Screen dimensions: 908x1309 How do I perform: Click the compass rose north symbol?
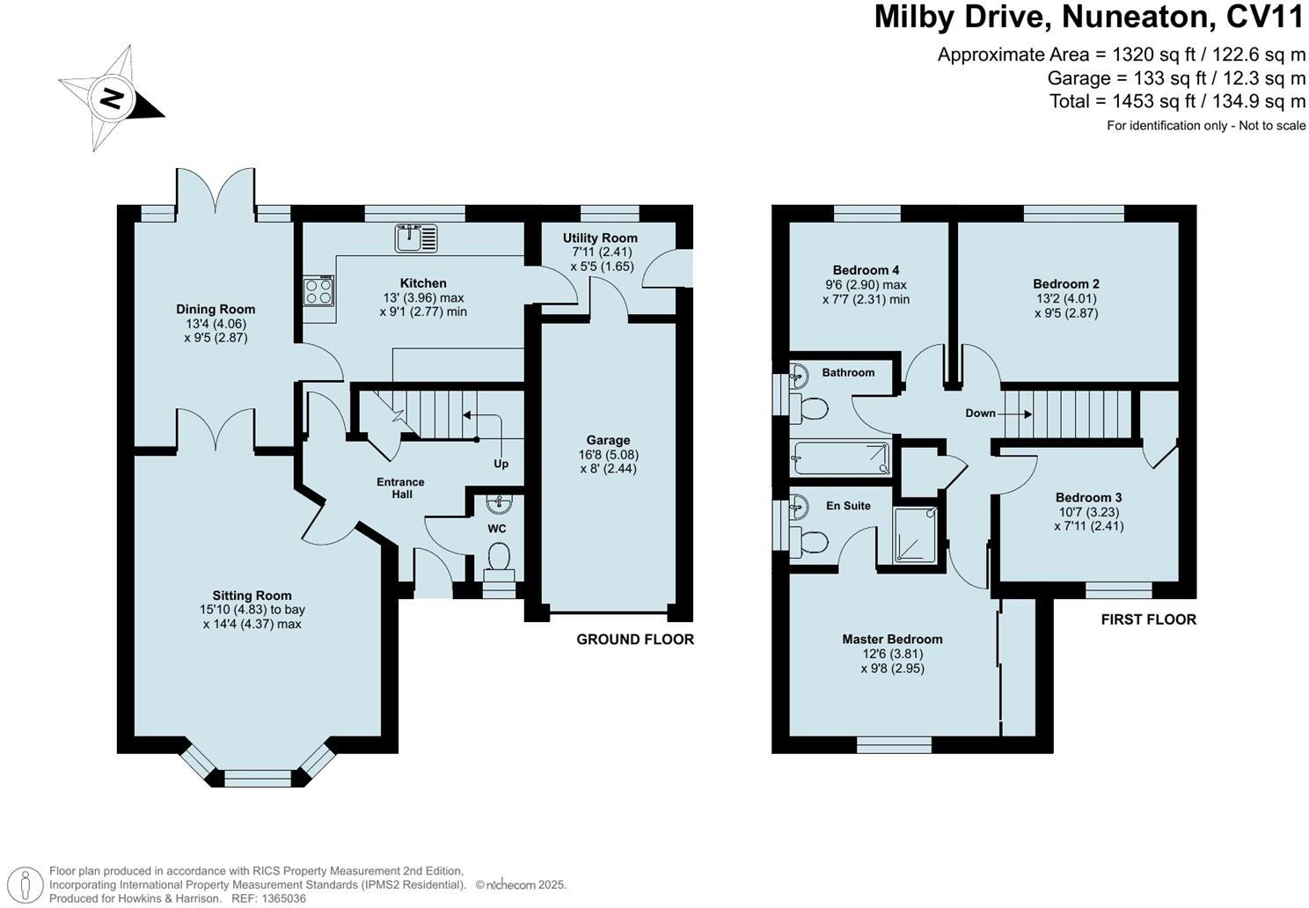tap(112, 98)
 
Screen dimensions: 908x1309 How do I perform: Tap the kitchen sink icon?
tap(416, 238)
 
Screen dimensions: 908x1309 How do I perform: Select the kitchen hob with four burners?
tap(319, 290)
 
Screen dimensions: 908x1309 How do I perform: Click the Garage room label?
tap(608, 440)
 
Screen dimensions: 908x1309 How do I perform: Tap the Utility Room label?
tap(600, 238)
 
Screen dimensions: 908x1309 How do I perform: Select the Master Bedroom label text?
tap(892, 640)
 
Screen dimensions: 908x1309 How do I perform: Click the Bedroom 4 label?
tap(866, 270)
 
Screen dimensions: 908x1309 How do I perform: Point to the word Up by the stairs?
tap(501, 464)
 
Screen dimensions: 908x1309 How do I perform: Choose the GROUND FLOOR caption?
tap(635, 640)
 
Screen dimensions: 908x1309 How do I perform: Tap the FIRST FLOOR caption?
tap(1148, 619)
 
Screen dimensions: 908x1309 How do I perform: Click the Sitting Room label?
tap(252, 596)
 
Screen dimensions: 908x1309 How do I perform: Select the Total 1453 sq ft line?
tap(1177, 101)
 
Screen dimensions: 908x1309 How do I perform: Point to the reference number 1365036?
tap(282, 898)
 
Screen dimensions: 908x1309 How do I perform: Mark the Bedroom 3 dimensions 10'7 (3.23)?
tap(1089, 512)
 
